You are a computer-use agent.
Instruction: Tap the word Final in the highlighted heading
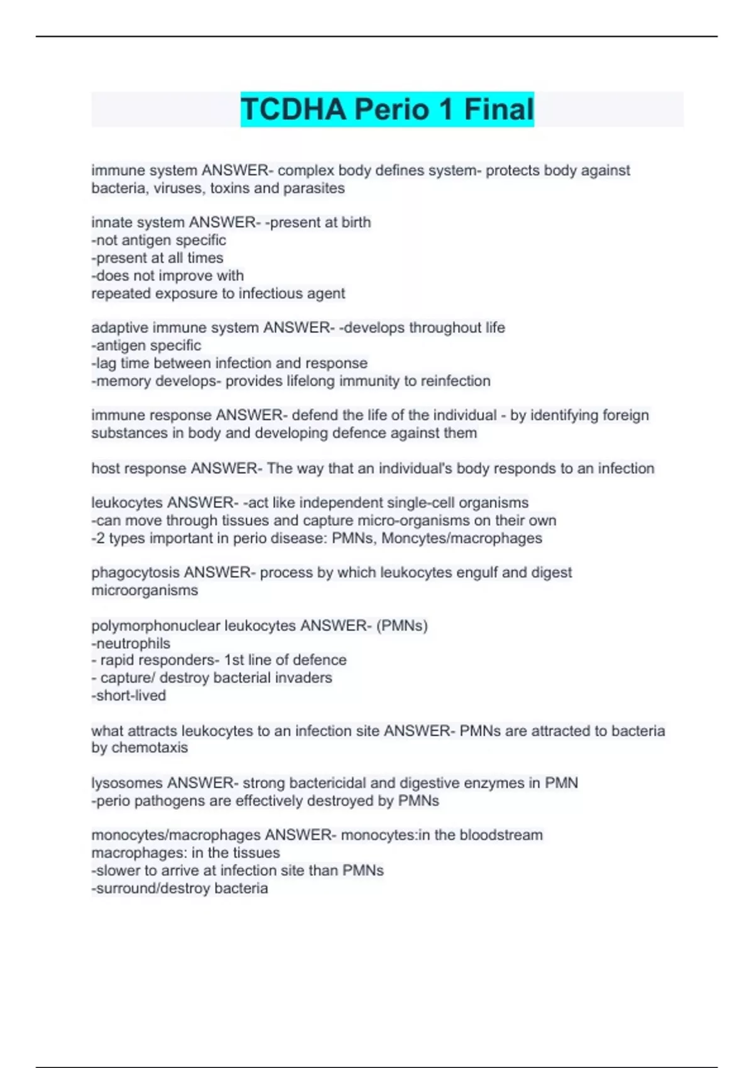(499, 109)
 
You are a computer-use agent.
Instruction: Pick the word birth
(356, 222)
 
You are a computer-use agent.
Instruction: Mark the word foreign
(626, 415)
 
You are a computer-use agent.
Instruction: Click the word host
(105, 469)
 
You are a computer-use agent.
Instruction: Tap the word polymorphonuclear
(155, 626)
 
